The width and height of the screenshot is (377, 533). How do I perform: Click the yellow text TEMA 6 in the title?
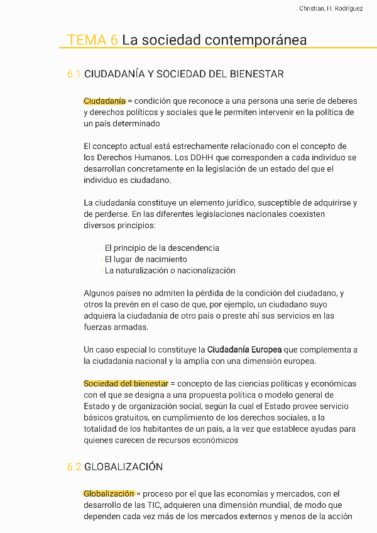[92, 40]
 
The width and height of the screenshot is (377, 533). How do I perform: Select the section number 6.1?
[74, 74]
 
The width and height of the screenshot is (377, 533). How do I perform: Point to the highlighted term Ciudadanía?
[104, 101]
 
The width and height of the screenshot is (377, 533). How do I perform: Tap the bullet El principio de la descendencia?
[161, 248]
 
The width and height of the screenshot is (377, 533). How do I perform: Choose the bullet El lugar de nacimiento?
[146, 260]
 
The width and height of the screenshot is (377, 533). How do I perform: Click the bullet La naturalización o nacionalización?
[170, 271]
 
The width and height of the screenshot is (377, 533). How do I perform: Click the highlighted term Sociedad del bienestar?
[126, 384]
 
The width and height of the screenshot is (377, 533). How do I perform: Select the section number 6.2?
[74, 467]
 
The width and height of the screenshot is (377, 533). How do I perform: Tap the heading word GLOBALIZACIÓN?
[123, 467]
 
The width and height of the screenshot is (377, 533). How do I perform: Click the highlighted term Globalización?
[109, 494]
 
